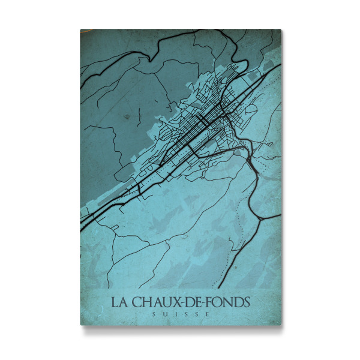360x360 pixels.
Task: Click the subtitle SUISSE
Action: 181,314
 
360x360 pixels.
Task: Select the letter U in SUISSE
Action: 166,314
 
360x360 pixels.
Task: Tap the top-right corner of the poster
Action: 281,30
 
